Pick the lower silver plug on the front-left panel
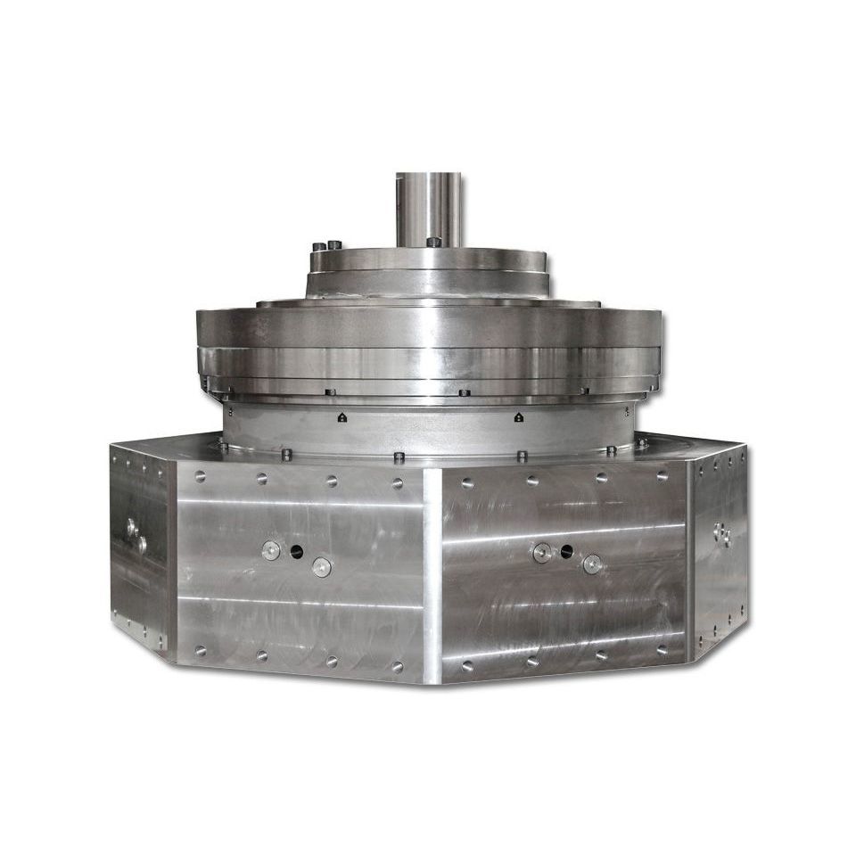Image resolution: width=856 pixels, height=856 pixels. (x=320, y=566)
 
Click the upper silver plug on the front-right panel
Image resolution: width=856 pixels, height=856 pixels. (x=541, y=553)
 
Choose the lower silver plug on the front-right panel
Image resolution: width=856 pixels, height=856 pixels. (x=591, y=564)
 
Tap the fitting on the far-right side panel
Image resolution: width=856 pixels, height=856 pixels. (x=720, y=533)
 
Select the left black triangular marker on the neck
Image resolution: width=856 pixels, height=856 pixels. (x=342, y=416)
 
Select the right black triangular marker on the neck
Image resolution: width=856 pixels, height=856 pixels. (x=518, y=416)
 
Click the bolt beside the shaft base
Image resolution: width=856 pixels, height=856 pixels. (x=432, y=242)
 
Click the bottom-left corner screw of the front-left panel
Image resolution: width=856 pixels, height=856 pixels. (x=200, y=650)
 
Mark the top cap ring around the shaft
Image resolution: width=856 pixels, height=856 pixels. (x=429, y=259)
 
